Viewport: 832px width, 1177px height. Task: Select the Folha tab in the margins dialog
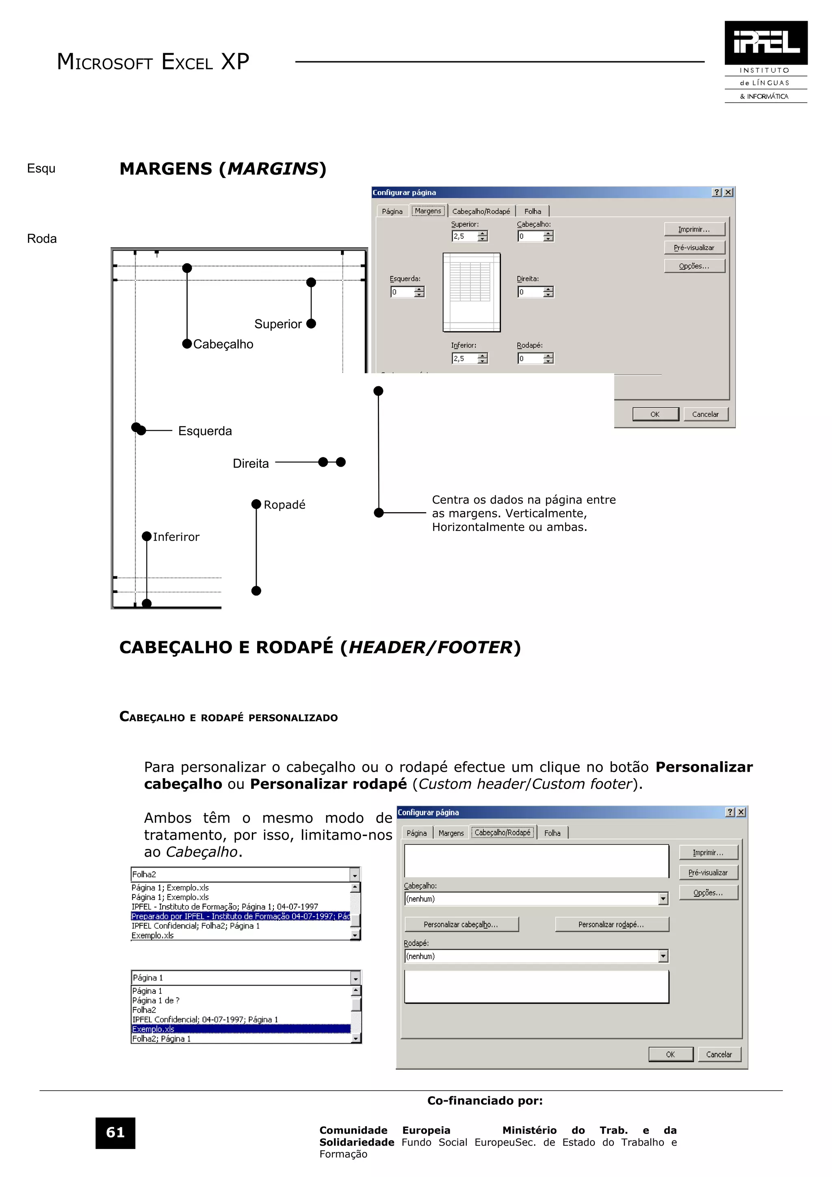click(532, 211)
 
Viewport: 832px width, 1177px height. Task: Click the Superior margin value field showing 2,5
click(464, 236)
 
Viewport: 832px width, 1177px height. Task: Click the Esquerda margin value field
click(402, 292)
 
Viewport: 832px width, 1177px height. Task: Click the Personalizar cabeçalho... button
click(461, 924)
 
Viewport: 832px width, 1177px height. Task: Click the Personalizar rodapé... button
click(611, 924)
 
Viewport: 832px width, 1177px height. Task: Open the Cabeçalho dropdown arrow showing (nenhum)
click(663, 899)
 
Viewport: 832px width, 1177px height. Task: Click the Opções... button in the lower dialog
click(708, 892)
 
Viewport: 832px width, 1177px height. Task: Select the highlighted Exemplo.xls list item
click(240, 1029)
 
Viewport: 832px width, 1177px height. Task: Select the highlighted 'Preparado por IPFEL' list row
click(240, 916)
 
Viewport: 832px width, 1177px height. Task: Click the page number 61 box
click(115, 1132)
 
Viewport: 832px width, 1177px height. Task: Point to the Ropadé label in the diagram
click(284, 505)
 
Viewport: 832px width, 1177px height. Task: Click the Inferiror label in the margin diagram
click(176, 537)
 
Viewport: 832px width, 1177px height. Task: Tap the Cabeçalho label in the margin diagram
click(223, 344)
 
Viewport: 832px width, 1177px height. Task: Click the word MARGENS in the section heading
click(166, 169)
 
